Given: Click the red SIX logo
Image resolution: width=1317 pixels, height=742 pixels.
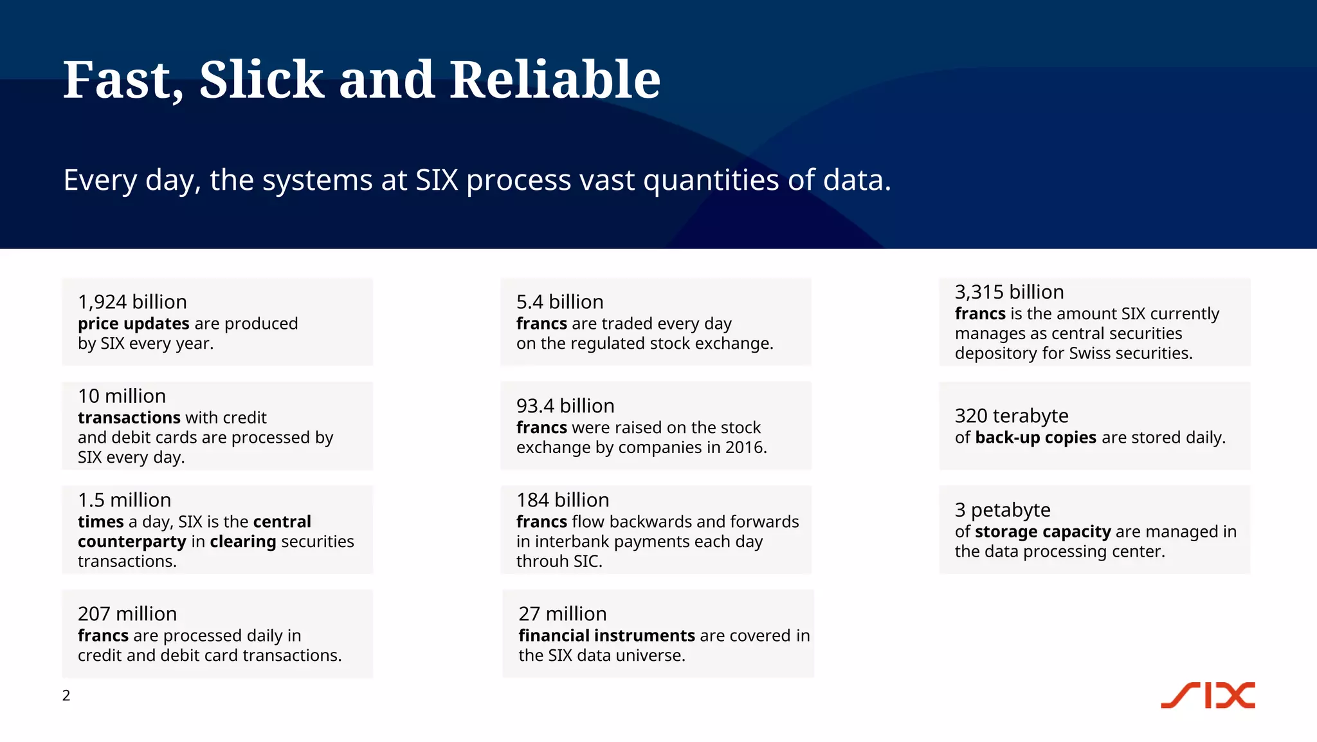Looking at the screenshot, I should click(x=1208, y=696).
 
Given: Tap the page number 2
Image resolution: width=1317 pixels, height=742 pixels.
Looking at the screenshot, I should click(x=66, y=696).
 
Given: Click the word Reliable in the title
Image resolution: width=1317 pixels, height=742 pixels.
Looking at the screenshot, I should click(x=554, y=80).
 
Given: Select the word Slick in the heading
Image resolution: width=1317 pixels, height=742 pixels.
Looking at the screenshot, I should click(x=261, y=80).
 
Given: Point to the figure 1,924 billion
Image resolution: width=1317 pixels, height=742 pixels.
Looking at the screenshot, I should click(x=132, y=302).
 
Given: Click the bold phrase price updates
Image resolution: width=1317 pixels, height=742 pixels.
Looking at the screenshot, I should click(x=133, y=323).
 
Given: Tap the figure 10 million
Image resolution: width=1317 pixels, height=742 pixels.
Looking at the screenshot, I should click(x=122, y=396).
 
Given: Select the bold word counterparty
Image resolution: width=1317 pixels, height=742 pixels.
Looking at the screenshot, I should click(x=132, y=542).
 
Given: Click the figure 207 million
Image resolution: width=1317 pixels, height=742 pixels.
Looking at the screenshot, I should click(x=127, y=614).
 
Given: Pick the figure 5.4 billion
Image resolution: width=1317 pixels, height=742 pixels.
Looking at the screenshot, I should click(x=559, y=302).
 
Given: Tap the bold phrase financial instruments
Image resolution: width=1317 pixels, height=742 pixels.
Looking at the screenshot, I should click(x=606, y=636).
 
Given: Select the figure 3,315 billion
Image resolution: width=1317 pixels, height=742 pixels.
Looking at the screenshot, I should click(x=1009, y=292).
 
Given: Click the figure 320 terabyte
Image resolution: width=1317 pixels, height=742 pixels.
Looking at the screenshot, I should click(x=1012, y=416).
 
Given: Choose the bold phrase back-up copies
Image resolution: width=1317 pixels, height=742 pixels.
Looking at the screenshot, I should click(x=1035, y=438).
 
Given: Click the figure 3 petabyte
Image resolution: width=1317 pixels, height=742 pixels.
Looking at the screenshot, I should click(x=1003, y=510).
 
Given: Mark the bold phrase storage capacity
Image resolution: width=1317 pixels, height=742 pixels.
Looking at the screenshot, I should click(x=1042, y=532).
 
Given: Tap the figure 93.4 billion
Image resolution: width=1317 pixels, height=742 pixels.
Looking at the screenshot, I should click(x=565, y=406).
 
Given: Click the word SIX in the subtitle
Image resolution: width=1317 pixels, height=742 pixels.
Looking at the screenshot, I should click(x=437, y=180).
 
